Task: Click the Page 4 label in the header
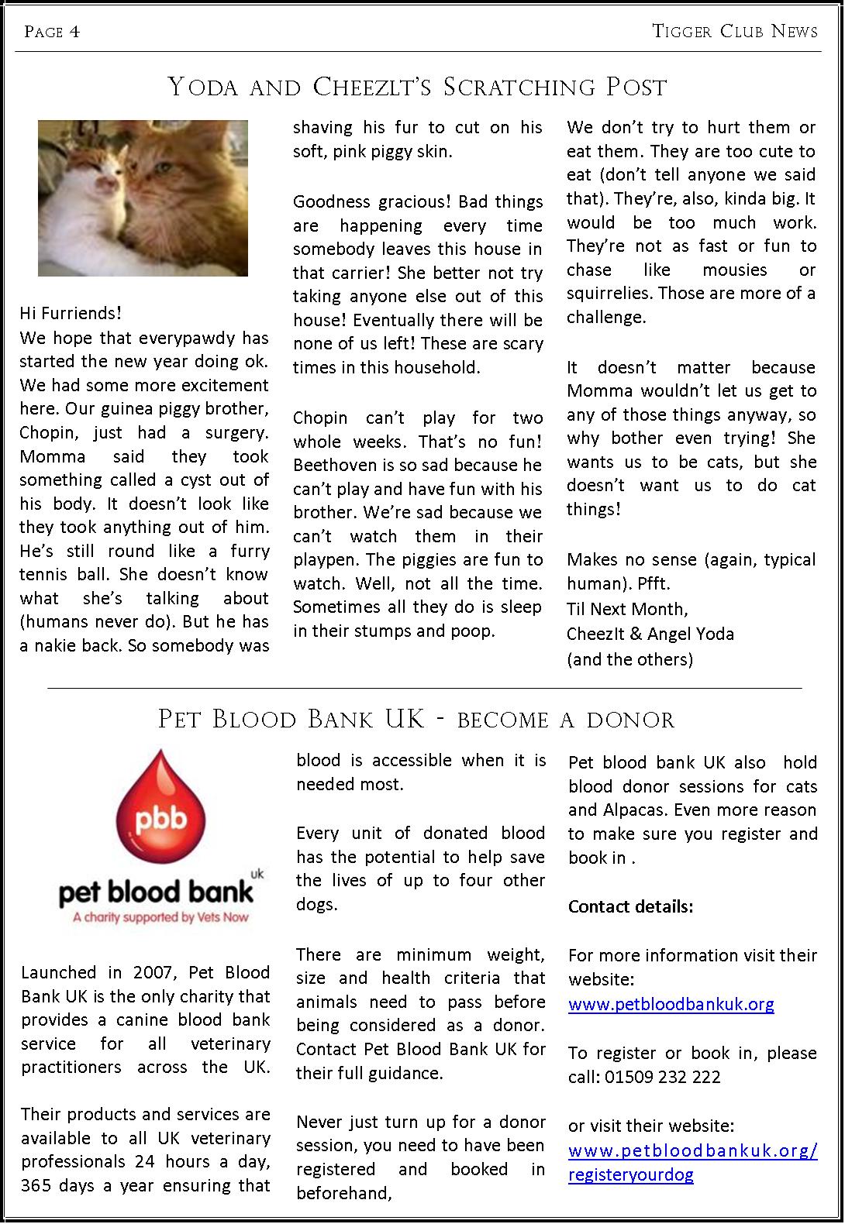tap(52, 32)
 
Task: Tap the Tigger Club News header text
tap(735, 31)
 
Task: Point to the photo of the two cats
tap(143, 198)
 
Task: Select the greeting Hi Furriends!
tap(71, 314)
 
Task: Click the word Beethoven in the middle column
tap(334, 466)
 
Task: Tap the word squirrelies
tap(609, 294)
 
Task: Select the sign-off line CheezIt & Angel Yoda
tap(650, 634)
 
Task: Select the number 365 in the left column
tap(37, 1186)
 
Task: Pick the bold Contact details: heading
tap(630, 907)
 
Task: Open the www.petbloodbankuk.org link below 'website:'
tap(671, 1005)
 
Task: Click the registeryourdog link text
tap(630, 1175)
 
